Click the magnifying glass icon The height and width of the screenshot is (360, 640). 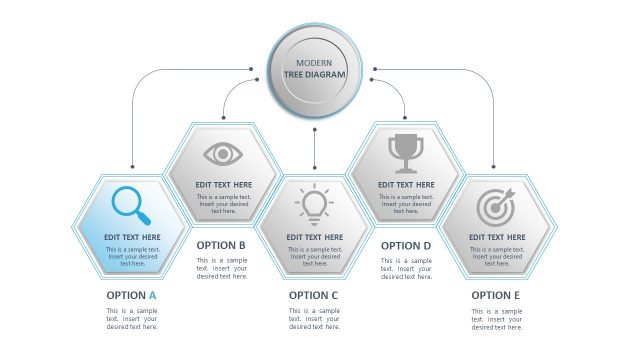(x=131, y=204)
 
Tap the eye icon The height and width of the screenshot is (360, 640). (x=223, y=153)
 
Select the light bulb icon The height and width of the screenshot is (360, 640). (x=314, y=204)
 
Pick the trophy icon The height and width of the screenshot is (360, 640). (x=405, y=153)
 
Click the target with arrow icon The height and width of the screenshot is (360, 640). (x=496, y=206)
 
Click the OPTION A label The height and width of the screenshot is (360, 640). (x=132, y=295)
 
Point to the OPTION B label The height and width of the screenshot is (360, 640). (x=221, y=245)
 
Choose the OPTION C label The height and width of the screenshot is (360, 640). (x=314, y=295)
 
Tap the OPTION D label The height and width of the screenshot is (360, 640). (x=406, y=245)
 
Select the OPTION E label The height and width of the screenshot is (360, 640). (x=496, y=295)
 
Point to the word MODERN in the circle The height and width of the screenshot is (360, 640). (x=314, y=63)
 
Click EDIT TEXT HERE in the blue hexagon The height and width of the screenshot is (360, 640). (x=132, y=237)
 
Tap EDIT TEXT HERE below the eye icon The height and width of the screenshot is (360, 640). (x=223, y=185)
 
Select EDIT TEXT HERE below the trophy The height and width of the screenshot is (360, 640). (x=406, y=185)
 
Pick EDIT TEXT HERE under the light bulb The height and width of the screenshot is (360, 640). (x=314, y=237)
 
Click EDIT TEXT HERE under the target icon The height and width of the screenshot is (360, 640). (x=497, y=237)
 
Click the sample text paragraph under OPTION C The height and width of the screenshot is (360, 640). (x=314, y=319)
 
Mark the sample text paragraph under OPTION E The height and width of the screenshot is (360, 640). (x=497, y=319)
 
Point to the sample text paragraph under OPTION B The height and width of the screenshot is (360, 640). (x=221, y=268)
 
